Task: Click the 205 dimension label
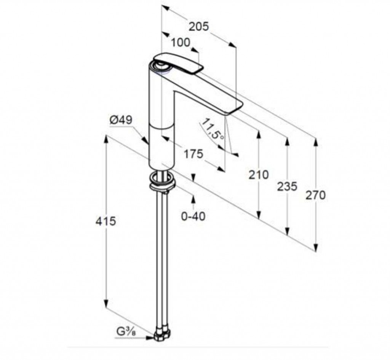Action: coord(198,26)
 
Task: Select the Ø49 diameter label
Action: coord(121,120)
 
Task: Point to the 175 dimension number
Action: coord(193,154)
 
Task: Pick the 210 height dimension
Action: coord(259,175)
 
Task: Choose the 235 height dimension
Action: coord(287,186)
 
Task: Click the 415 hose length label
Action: coord(106,221)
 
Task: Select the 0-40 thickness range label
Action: coord(193,216)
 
